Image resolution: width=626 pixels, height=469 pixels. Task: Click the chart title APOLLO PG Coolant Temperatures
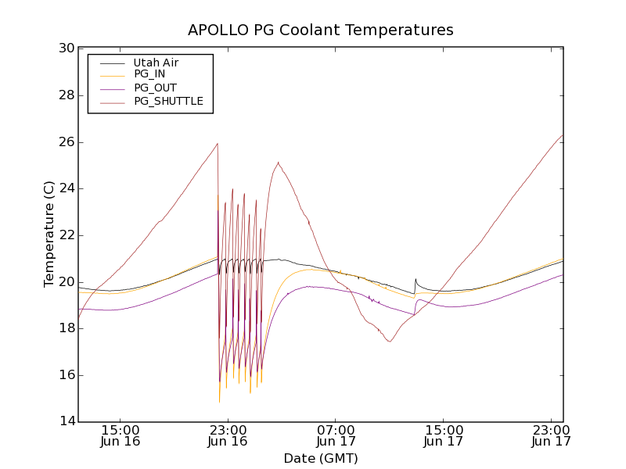(x=321, y=30)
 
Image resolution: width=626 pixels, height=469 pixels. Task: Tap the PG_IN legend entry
(x=149, y=74)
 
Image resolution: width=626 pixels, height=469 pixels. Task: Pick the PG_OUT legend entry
(x=155, y=88)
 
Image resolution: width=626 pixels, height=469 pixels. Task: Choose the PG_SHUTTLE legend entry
(x=168, y=101)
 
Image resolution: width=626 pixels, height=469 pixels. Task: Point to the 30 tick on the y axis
(x=67, y=48)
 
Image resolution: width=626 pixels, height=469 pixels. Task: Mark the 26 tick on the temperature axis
(x=67, y=142)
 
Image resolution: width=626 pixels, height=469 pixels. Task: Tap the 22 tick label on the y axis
(x=67, y=235)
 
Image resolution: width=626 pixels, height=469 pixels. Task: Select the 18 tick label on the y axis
(x=67, y=328)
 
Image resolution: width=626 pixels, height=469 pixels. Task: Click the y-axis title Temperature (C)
(x=49, y=234)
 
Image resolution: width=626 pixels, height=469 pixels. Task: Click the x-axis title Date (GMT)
(x=321, y=458)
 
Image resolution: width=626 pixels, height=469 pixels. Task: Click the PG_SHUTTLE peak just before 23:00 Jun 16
(x=218, y=144)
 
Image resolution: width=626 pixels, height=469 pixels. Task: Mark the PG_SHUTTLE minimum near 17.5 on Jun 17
(x=389, y=342)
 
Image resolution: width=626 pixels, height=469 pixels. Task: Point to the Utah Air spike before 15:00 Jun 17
(x=416, y=279)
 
